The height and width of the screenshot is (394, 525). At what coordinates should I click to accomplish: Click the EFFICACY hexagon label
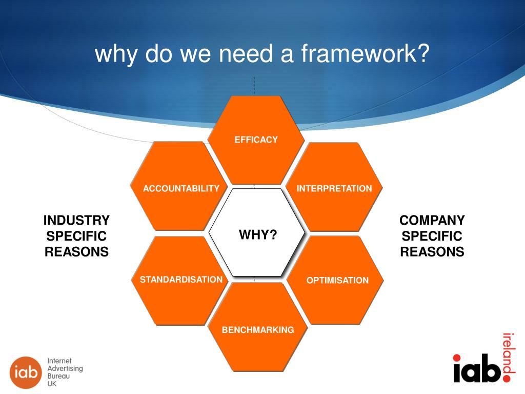[x=256, y=140]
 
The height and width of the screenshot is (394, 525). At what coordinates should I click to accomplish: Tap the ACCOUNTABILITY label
[x=181, y=189]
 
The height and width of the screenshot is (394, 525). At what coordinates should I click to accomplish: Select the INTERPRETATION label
[x=334, y=188]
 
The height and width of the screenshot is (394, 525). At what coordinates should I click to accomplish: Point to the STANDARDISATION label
[x=181, y=280]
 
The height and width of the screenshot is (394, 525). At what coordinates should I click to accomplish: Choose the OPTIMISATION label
[x=337, y=280]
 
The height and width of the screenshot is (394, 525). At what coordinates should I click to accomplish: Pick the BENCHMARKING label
[x=258, y=330]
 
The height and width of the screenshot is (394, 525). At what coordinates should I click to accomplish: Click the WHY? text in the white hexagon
[x=258, y=235]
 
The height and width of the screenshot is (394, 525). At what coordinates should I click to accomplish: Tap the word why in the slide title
[x=116, y=53]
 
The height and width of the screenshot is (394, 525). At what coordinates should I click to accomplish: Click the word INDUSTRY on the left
[x=76, y=221]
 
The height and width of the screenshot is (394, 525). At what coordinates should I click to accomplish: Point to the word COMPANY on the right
[x=432, y=221]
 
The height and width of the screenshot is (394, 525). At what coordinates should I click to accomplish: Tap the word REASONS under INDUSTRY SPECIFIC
[x=76, y=252]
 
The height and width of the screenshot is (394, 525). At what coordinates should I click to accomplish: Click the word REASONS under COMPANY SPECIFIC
[x=432, y=252]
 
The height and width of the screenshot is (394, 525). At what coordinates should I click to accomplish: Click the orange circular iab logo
[x=25, y=372]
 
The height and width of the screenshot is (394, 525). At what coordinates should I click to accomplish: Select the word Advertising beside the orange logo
[x=65, y=369]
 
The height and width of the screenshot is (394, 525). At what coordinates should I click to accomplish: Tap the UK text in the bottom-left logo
[x=52, y=384]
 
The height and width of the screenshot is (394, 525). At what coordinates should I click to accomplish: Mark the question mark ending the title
[x=423, y=53]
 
